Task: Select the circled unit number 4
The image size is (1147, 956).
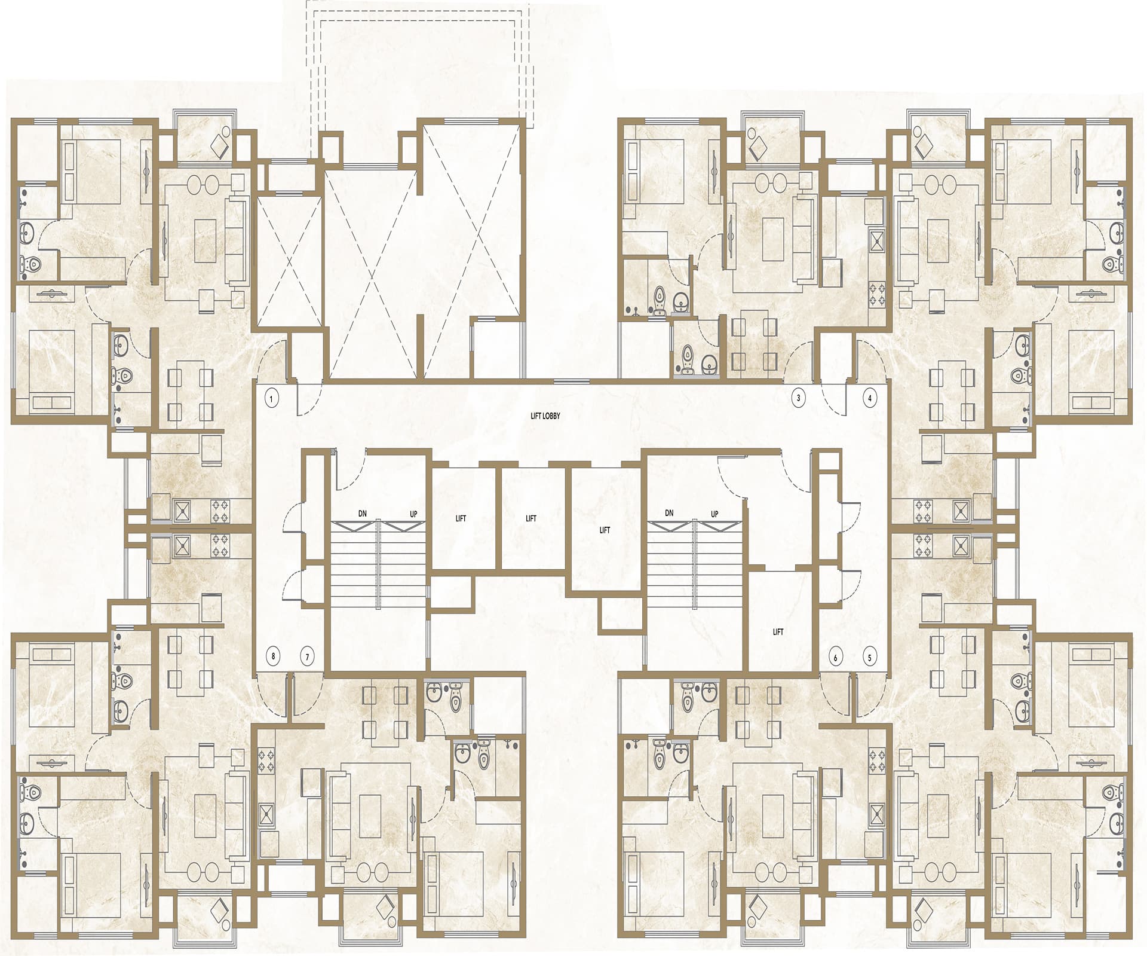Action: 870,398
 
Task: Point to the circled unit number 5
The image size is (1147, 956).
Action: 870,658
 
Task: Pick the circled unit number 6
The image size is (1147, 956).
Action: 836,658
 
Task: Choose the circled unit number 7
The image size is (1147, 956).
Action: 308,656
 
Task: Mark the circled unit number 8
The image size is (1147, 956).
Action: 274,656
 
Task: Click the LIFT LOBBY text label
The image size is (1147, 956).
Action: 545,416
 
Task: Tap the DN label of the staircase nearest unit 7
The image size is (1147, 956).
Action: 363,513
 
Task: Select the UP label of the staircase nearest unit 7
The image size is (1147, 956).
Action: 413,514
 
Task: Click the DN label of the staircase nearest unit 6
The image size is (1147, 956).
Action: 669,513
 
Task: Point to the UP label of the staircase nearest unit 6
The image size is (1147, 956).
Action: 714,514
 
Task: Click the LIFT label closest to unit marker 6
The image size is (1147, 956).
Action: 778,631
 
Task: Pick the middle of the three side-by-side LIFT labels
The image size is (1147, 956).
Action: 531,518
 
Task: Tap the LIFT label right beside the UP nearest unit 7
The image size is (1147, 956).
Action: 461,518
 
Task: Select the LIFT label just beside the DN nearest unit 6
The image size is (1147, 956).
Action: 605,530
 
